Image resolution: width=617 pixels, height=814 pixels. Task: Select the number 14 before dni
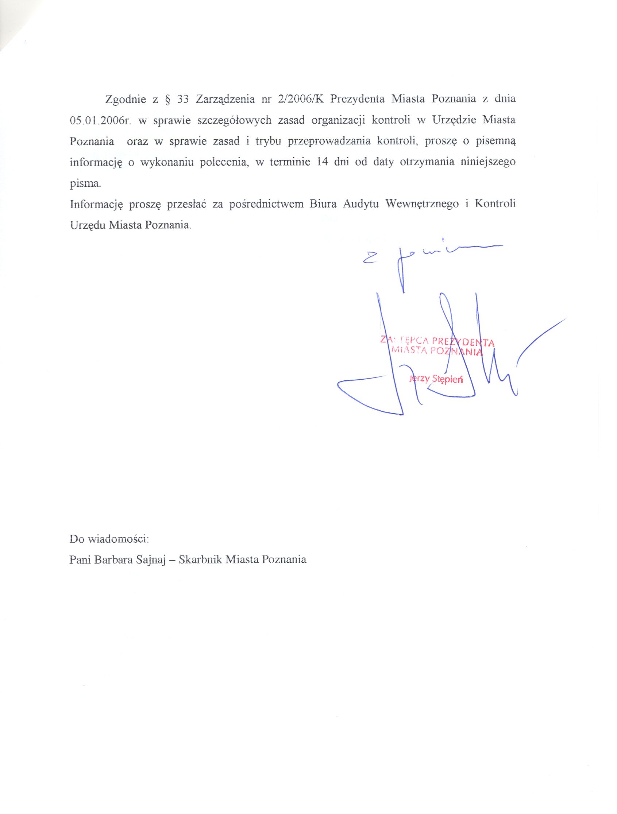(322, 163)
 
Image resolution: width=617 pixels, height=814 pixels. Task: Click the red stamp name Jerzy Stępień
(436, 380)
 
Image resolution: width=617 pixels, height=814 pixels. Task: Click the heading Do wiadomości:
(109, 539)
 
